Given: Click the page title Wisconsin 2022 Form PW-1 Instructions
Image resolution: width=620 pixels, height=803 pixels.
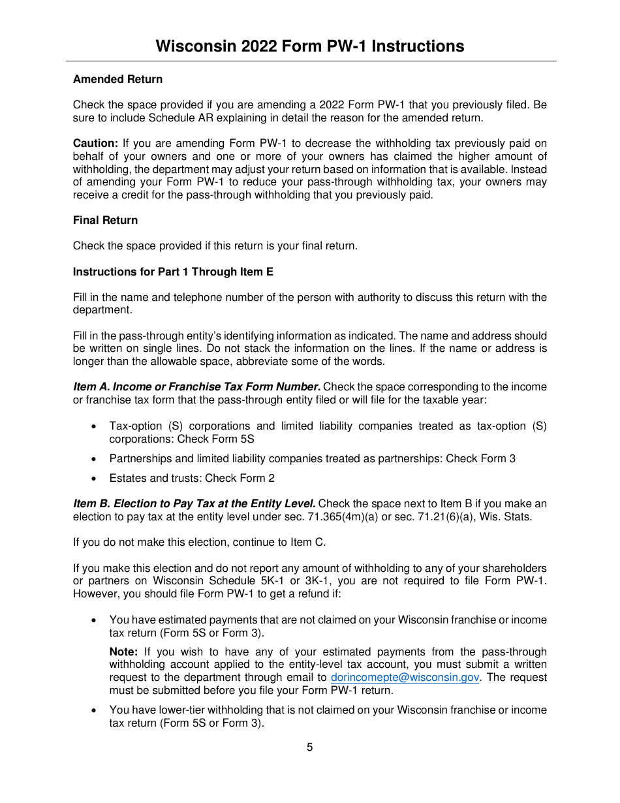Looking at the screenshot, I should pyautogui.click(x=310, y=46).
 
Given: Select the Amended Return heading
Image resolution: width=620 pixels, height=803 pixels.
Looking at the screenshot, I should pyautogui.click(x=117, y=79).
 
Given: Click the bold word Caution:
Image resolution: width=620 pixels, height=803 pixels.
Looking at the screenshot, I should pyautogui.click(x=95, y=143).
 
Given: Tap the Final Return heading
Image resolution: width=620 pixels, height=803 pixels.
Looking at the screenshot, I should pyautogui.click(x=105, y=220).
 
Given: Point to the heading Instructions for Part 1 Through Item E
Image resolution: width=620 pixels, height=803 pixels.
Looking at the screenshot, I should pyautogui.click(x=173, y=272).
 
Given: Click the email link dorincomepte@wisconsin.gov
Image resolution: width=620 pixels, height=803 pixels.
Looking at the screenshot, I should pyautogui.click(x=405, y=678).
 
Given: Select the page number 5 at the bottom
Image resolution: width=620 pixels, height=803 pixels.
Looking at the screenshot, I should pyautogui.click(x=309, y=747).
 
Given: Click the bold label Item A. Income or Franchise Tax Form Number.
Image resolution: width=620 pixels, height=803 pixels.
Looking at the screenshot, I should pyautogui.click(x=196, y=386).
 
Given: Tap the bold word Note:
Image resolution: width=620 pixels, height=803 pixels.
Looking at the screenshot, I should pyautogui.click(x=123, y=652).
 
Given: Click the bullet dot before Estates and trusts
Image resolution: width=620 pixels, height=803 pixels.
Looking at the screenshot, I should pyautogui.click(x=95, y=479).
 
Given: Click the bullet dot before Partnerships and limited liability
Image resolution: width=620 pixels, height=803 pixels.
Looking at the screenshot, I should pyautogui.click(x=95, y=459).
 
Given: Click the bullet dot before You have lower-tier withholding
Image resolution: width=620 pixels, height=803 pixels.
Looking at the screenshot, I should pyautogui.click(x=95, y=710).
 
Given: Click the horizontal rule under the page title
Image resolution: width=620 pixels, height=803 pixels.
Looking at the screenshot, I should pyautogui.click(x=311, y=61).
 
